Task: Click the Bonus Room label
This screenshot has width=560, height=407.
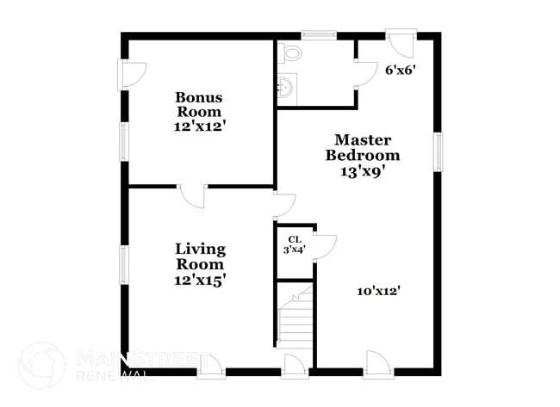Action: [198, 104]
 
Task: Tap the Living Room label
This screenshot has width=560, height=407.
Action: [201, 256]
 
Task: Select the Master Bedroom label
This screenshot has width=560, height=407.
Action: [362, 147]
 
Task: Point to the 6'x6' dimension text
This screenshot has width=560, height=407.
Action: [401, 70]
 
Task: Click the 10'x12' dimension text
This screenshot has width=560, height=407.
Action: [380, 291]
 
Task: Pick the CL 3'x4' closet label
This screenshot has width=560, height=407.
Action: [294, 244]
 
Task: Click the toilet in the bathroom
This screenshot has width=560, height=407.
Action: [291, 53]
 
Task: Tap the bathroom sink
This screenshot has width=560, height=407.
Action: [286, 86]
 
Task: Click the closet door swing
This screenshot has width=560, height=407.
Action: [324, 246]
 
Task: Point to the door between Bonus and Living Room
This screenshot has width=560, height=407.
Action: [192, 195]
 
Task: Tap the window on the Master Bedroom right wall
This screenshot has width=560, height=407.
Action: [438, 151]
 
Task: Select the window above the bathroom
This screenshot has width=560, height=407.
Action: [319, 35]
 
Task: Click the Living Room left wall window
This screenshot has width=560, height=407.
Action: [124, 264]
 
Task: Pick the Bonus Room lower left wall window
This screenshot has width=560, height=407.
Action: [124, 140]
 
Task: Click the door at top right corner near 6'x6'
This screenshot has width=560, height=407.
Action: [401, 41]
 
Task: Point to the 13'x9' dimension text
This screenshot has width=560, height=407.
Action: [362, 170]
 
